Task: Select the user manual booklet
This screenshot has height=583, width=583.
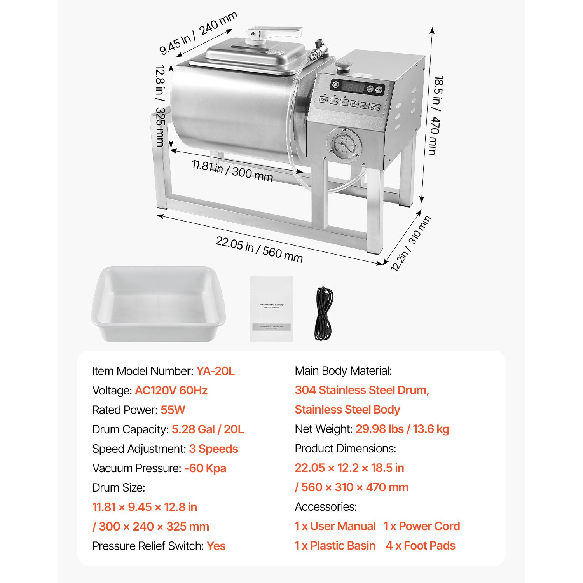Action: point(271,309)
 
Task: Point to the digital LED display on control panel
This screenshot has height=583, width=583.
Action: point(353,87)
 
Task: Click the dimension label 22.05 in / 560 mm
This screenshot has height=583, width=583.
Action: point(259,249)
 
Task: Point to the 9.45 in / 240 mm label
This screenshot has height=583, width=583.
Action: point(198,33)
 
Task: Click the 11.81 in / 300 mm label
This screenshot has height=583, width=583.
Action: point(232,171)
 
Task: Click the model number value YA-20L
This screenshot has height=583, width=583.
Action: point(215,371)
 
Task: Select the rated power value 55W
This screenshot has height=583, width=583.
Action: point(173,410)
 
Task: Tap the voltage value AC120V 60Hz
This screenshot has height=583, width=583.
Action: point(171,391)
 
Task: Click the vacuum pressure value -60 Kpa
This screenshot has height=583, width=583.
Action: point(205,468)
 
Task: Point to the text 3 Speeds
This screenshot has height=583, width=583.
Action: point(213,449)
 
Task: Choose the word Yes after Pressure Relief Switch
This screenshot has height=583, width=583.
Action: point(216,546)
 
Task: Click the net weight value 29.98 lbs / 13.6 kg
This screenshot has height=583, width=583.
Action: point(402,429)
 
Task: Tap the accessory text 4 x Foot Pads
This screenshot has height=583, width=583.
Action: point(421,546)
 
